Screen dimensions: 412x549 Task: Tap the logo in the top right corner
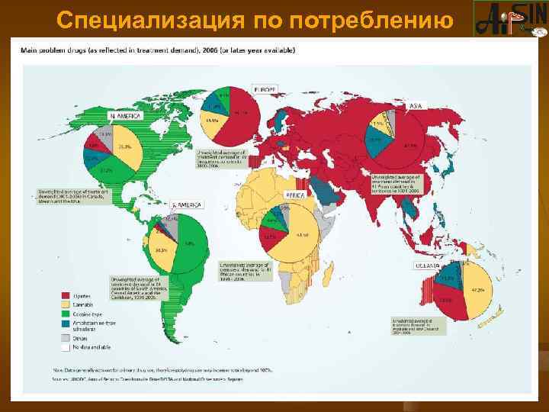coord(510,18)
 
